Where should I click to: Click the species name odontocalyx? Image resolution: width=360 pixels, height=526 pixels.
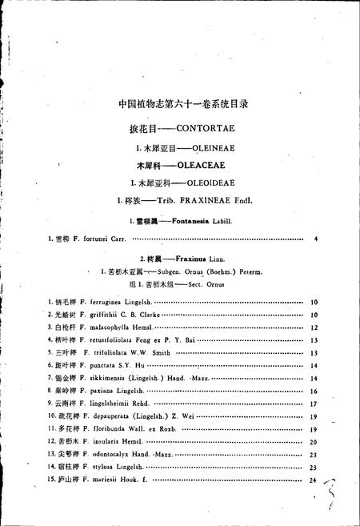(x=106, y=454)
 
